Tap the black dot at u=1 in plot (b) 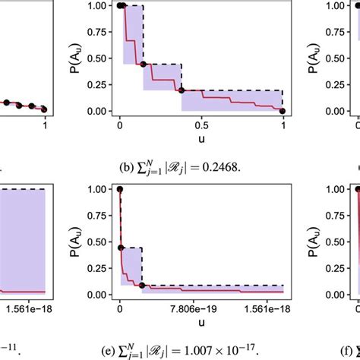(x=283, y=111)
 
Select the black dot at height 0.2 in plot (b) (x=182, y=90)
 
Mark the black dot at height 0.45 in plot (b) (x=143, y=65)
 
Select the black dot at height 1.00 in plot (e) (x=119, y=190)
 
